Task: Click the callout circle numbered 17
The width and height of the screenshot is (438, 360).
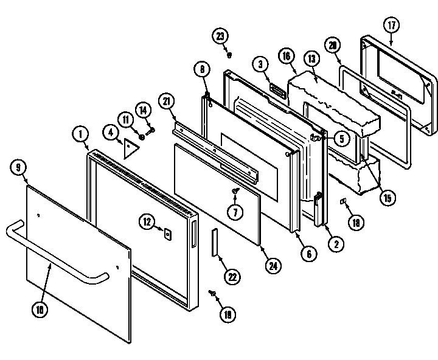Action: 391,26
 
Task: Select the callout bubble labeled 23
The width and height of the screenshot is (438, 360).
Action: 220,35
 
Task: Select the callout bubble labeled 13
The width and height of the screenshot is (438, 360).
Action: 311,59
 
